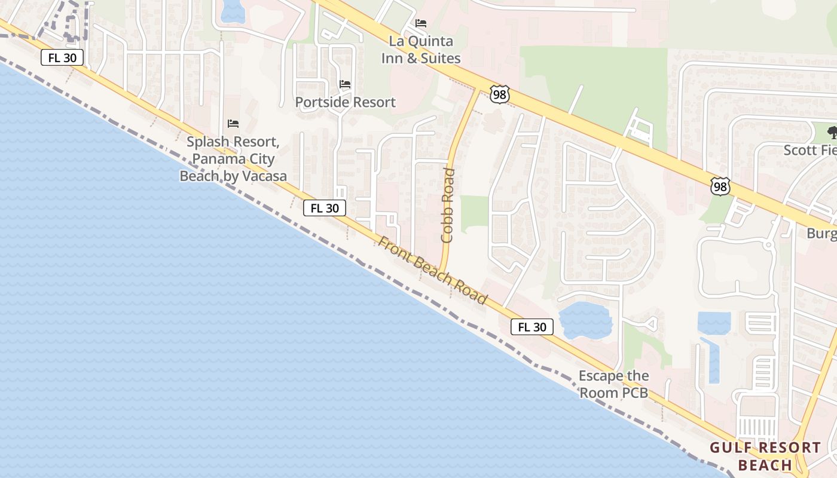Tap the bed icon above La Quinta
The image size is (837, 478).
click(421, 23)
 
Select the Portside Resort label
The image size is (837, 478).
click(345, 102)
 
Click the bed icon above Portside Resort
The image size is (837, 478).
click(345, 84)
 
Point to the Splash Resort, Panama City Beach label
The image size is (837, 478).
click(233, 159)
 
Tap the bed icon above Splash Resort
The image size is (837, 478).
click(233, 124)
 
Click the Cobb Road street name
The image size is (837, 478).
click(447, 205)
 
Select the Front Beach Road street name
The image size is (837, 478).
click(433, 271)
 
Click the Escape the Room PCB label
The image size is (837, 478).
click(613, 384)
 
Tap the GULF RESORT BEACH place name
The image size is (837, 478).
click(765, 456)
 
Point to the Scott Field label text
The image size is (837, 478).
click(810, 150)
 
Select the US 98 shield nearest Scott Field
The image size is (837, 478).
click(720, 186)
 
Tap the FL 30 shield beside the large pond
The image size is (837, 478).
click(531, 327)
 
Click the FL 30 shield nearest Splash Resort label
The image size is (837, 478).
click(325, 208)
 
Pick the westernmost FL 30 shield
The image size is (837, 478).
click(62, 57)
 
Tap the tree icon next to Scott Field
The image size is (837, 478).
click(832, 132)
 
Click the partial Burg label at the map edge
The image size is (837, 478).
click(821, 233)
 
